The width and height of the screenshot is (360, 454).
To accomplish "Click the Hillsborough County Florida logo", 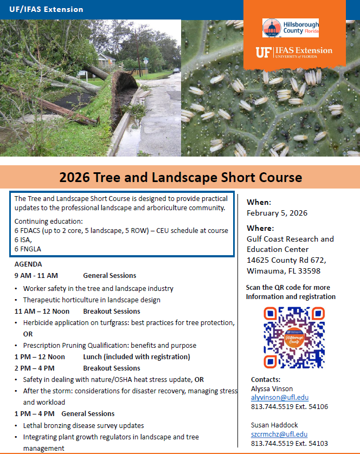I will (290, 28).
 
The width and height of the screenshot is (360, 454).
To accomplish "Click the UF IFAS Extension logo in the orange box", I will (294, 53).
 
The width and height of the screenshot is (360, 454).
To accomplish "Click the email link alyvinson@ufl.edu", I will (279, 397).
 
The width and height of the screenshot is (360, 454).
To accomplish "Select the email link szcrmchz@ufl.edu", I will (279, 434).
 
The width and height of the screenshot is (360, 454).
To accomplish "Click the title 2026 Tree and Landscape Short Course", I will (181, 177).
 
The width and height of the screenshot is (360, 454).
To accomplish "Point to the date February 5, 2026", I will (277, 213).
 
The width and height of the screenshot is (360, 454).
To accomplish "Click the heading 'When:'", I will (258, 202).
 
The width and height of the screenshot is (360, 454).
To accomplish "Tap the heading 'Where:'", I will (260, 228).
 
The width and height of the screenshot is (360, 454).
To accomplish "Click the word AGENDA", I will (28, 264).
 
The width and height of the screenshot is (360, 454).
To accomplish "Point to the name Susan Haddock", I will (274, 425).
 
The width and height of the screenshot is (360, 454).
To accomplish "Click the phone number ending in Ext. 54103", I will (289, 443).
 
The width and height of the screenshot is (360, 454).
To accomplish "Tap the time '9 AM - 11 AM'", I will (36, 276).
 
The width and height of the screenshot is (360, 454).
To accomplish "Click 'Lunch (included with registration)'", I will (136, 356).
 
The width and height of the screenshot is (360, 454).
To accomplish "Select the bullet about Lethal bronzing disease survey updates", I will (83, 425).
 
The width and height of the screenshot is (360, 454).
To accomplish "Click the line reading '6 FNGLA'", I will (28, 249).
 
